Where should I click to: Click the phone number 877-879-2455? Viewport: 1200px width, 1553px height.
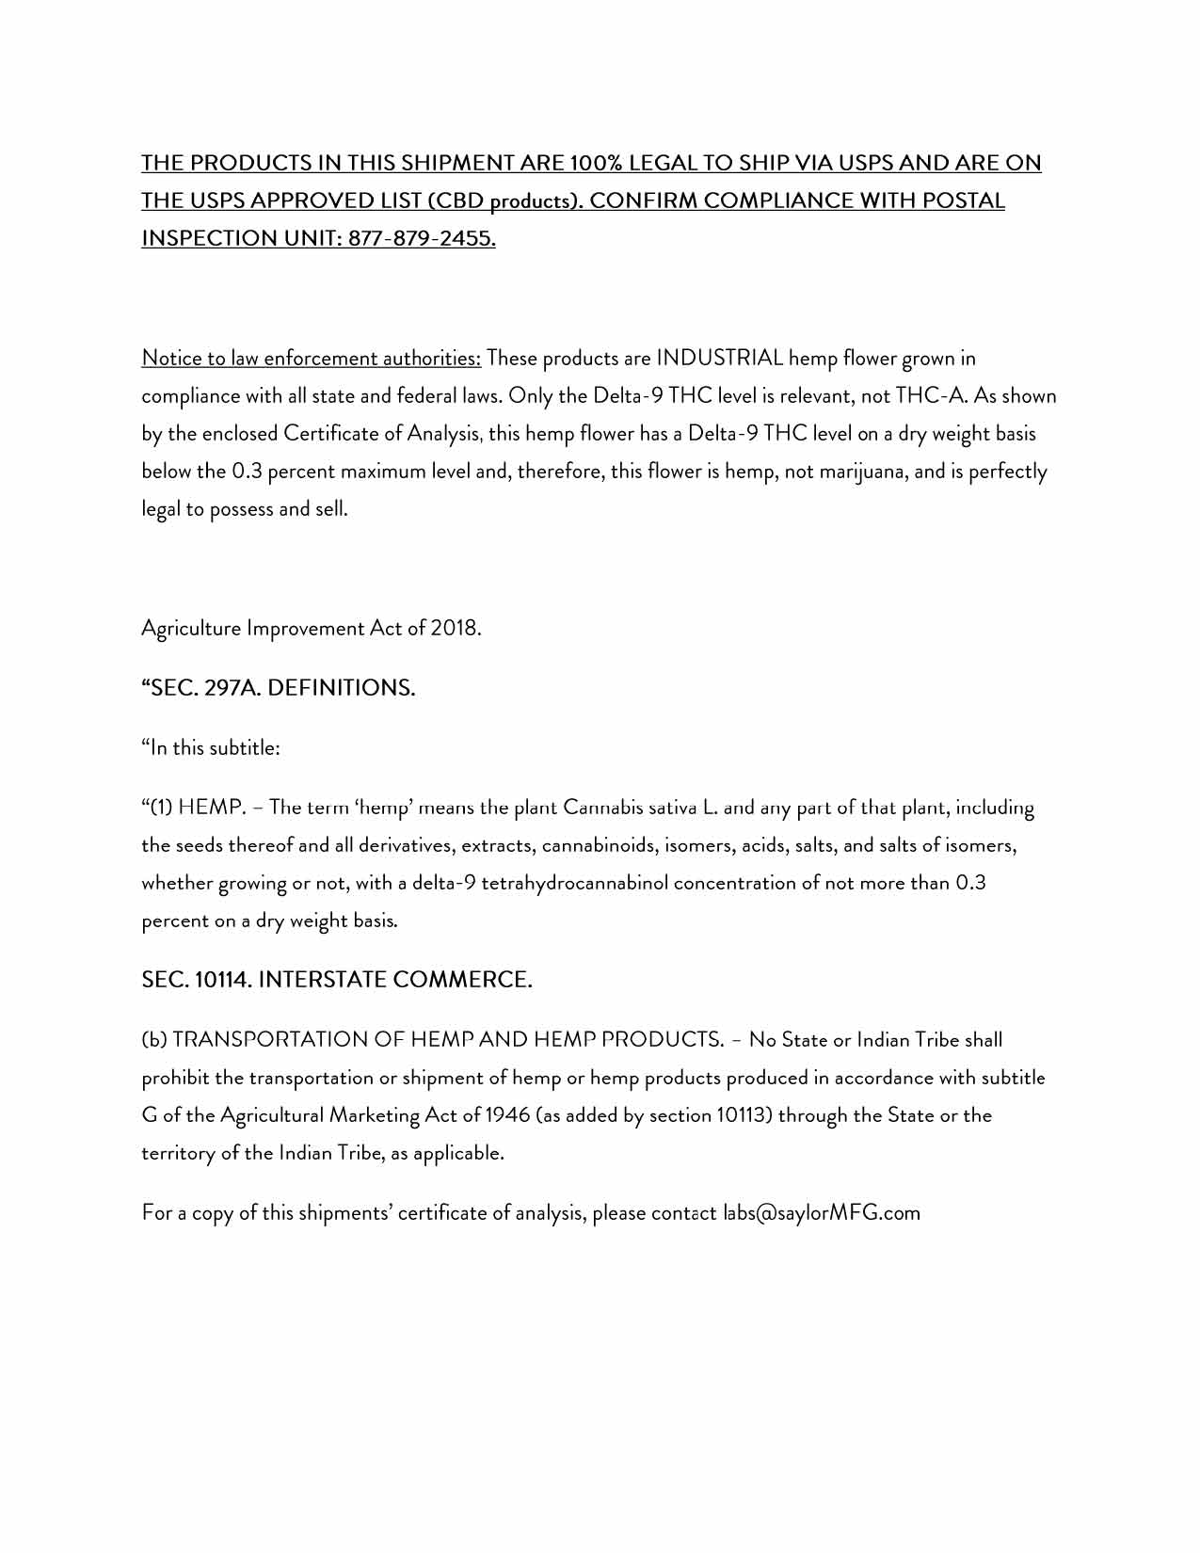422,238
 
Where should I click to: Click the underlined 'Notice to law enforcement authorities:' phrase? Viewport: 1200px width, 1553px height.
311,358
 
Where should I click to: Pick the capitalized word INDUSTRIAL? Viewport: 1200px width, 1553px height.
720,358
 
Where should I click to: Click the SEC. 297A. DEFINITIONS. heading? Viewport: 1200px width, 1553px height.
279,688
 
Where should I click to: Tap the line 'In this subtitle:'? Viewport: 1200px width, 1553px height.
211,748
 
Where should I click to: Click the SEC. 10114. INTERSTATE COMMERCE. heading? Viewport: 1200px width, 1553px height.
337,980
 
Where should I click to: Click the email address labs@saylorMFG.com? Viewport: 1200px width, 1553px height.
821,1212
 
